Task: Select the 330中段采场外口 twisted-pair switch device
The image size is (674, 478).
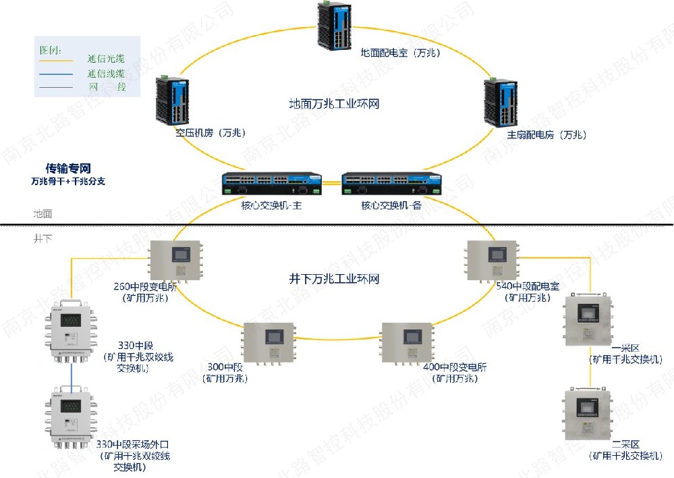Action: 71,417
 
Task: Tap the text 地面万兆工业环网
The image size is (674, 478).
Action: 334,104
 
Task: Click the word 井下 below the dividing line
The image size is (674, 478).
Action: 43,238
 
